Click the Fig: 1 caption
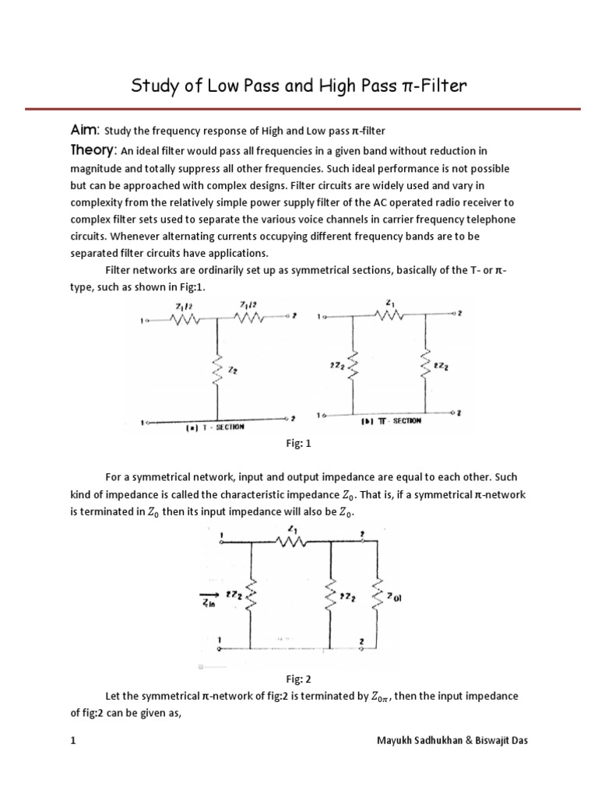coord(299,443)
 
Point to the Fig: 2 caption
coord(299,679)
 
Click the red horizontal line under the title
coord(299,107)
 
